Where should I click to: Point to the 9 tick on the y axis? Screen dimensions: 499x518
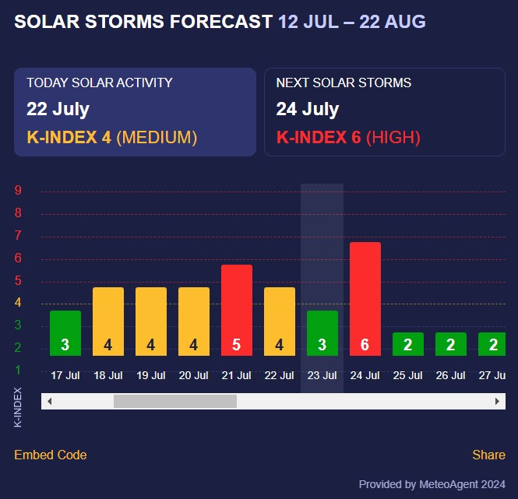pos(18,191)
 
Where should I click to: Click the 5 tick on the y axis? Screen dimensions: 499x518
pos(18,281)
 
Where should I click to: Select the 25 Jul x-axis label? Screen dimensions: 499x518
pos(407,375)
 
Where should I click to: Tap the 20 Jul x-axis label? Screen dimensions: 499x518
pos(193,375)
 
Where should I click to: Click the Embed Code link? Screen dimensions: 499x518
pos(50,455)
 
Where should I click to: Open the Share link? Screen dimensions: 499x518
pos(488,455)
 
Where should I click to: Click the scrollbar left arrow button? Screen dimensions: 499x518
pos(49,401)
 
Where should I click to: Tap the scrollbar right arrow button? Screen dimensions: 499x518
pos(497,401)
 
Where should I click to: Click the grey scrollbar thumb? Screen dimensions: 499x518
pos(174,401)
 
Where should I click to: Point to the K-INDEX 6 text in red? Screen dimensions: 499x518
pos(319,138)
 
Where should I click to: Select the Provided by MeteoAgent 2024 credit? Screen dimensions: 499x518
pos(432,484)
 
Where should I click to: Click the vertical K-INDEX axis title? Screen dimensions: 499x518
pos(18,406)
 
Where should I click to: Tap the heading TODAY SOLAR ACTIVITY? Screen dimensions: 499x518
pos(100,83)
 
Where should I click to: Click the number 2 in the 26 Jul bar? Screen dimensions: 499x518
pos(450,345)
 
